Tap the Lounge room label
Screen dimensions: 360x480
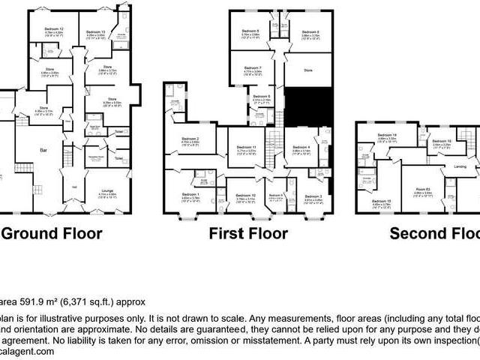tap(109, 191)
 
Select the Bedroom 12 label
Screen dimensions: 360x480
tap(53, 28)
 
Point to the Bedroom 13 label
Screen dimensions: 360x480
tap(94, 31)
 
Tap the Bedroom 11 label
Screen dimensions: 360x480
tap(247, 147)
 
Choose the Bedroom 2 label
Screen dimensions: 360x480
tap(189, 139)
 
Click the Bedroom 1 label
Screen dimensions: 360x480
tap(190, 193)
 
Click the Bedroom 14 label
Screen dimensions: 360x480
tap(387, 134)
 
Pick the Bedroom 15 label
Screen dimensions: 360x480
tap(382, 199)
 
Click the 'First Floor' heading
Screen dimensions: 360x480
tap(249, 233)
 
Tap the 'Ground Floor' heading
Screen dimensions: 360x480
tap(52, 233)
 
